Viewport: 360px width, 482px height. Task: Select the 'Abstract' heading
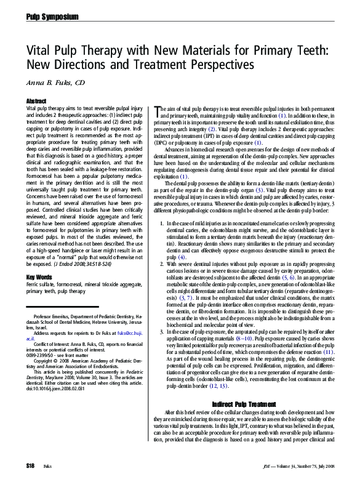pos(37,100)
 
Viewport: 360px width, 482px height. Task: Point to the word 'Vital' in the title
pos(39,47)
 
